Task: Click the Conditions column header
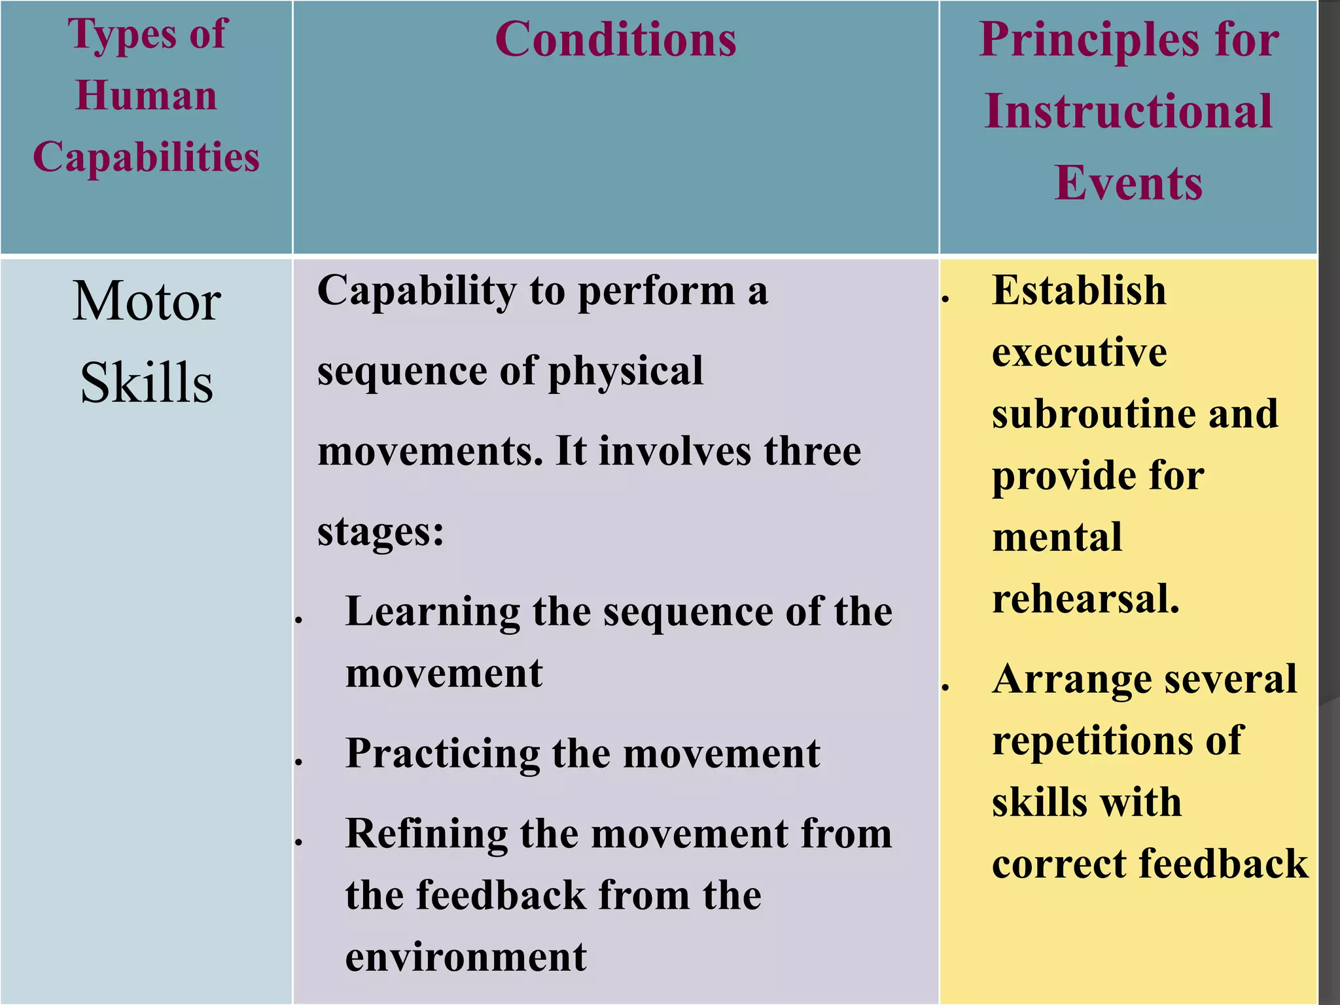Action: (615, 41)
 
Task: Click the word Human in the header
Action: (146, 96)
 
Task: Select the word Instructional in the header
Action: (1128, 112)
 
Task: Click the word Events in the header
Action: (1128, 183)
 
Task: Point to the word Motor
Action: (146, 302)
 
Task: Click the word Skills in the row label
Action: (146, 383)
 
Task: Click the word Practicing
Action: (442, 754)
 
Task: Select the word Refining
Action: (426, 834)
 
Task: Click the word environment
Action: (465, 957)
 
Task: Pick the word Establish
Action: (1078, 291)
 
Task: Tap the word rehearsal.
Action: (1085, 599)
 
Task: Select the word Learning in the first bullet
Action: (432, 612)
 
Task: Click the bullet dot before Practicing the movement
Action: (298, 762)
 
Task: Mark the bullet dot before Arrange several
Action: (945, 687)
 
